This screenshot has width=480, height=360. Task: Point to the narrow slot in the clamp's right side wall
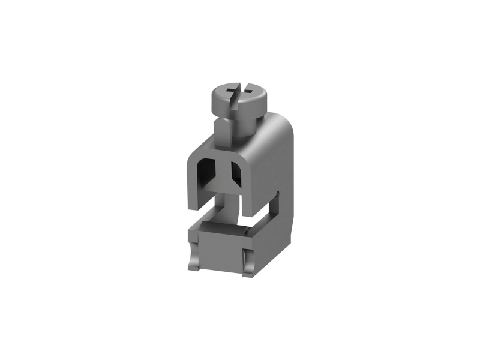tap(278, 207)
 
